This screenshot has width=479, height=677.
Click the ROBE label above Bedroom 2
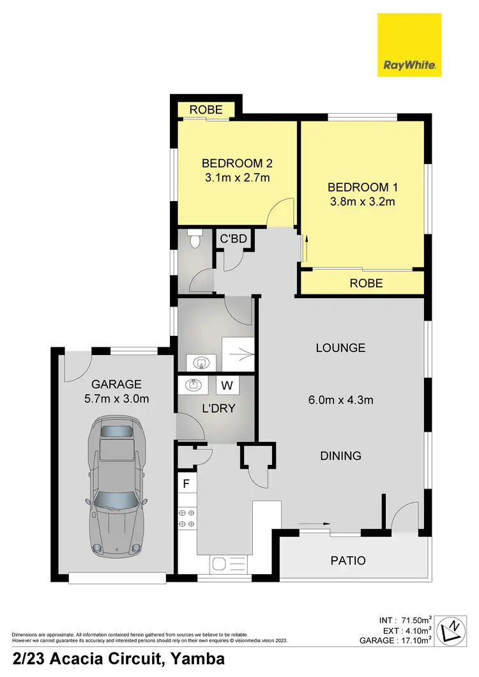click(x=206, y=110)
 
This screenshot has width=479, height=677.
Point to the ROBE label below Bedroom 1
click(x=366, y=283)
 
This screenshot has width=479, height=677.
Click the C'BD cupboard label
click(x=232, y=240)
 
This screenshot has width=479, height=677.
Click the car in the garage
click(x=118, y=485)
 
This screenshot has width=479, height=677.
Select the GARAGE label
click(x=116, y=384)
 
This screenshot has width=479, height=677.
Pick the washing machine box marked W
click(x=227, y=385)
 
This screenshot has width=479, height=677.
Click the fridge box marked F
click(x=187, y=483)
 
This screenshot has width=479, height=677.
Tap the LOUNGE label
click(x=341, y=348)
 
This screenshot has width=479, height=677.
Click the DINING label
click(x=341, y=456)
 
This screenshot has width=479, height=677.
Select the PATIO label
click(x=348, y=561)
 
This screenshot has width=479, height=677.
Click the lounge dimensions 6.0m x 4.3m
click(x=341, y=400)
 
